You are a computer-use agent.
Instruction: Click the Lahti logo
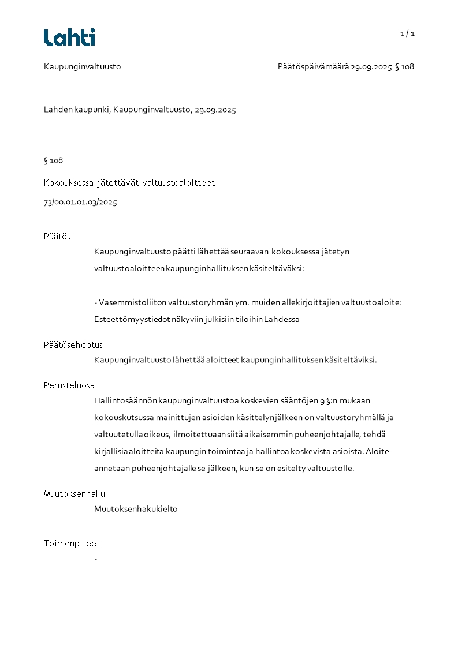click(69, 38)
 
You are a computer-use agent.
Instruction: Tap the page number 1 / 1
click(407, 33)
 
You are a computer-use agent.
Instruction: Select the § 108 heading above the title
click(53, 160)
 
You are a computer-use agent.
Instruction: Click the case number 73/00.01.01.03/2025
click(80, 203)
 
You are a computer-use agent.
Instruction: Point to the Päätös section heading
click(57, 237)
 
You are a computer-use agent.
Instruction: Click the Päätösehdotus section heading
click(73, 345)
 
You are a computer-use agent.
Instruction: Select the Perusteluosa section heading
click(69, 385)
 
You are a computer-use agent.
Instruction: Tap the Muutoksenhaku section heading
click(75, 494)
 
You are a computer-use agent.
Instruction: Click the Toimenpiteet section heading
click(72, 544)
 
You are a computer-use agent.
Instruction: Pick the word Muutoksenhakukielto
click(136, 509)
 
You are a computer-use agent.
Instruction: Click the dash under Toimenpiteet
click(95, 559)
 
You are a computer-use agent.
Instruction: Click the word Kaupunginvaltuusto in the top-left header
click(82, 66)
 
